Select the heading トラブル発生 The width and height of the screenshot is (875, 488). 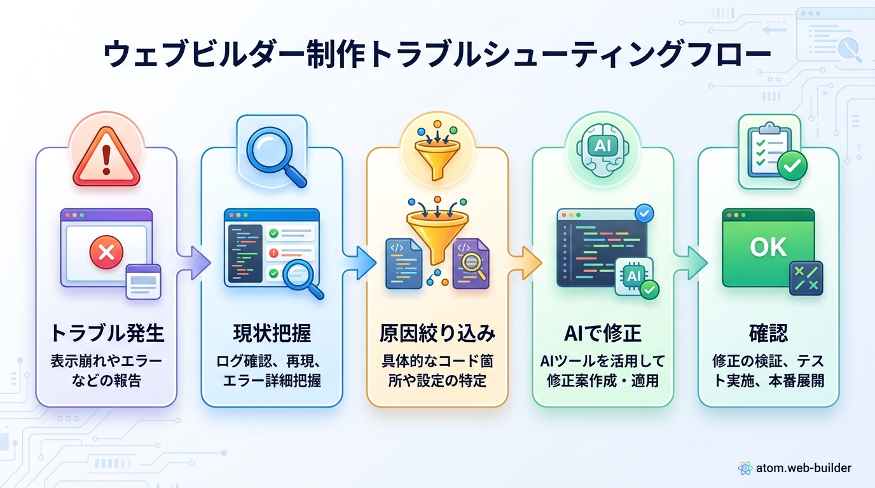pos(106,333)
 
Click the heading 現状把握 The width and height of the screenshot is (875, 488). pos(272,333)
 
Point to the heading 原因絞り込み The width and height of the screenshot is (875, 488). pos(437,333)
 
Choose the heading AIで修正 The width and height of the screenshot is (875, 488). pos(603,333)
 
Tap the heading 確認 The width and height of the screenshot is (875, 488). pos(768,333)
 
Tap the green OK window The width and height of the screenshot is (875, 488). pos(768,247)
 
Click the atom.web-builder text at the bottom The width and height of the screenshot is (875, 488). pos(803,468)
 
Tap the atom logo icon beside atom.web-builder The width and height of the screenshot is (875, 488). pos(745,468)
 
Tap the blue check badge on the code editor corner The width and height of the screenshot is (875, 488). pos(645,213)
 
